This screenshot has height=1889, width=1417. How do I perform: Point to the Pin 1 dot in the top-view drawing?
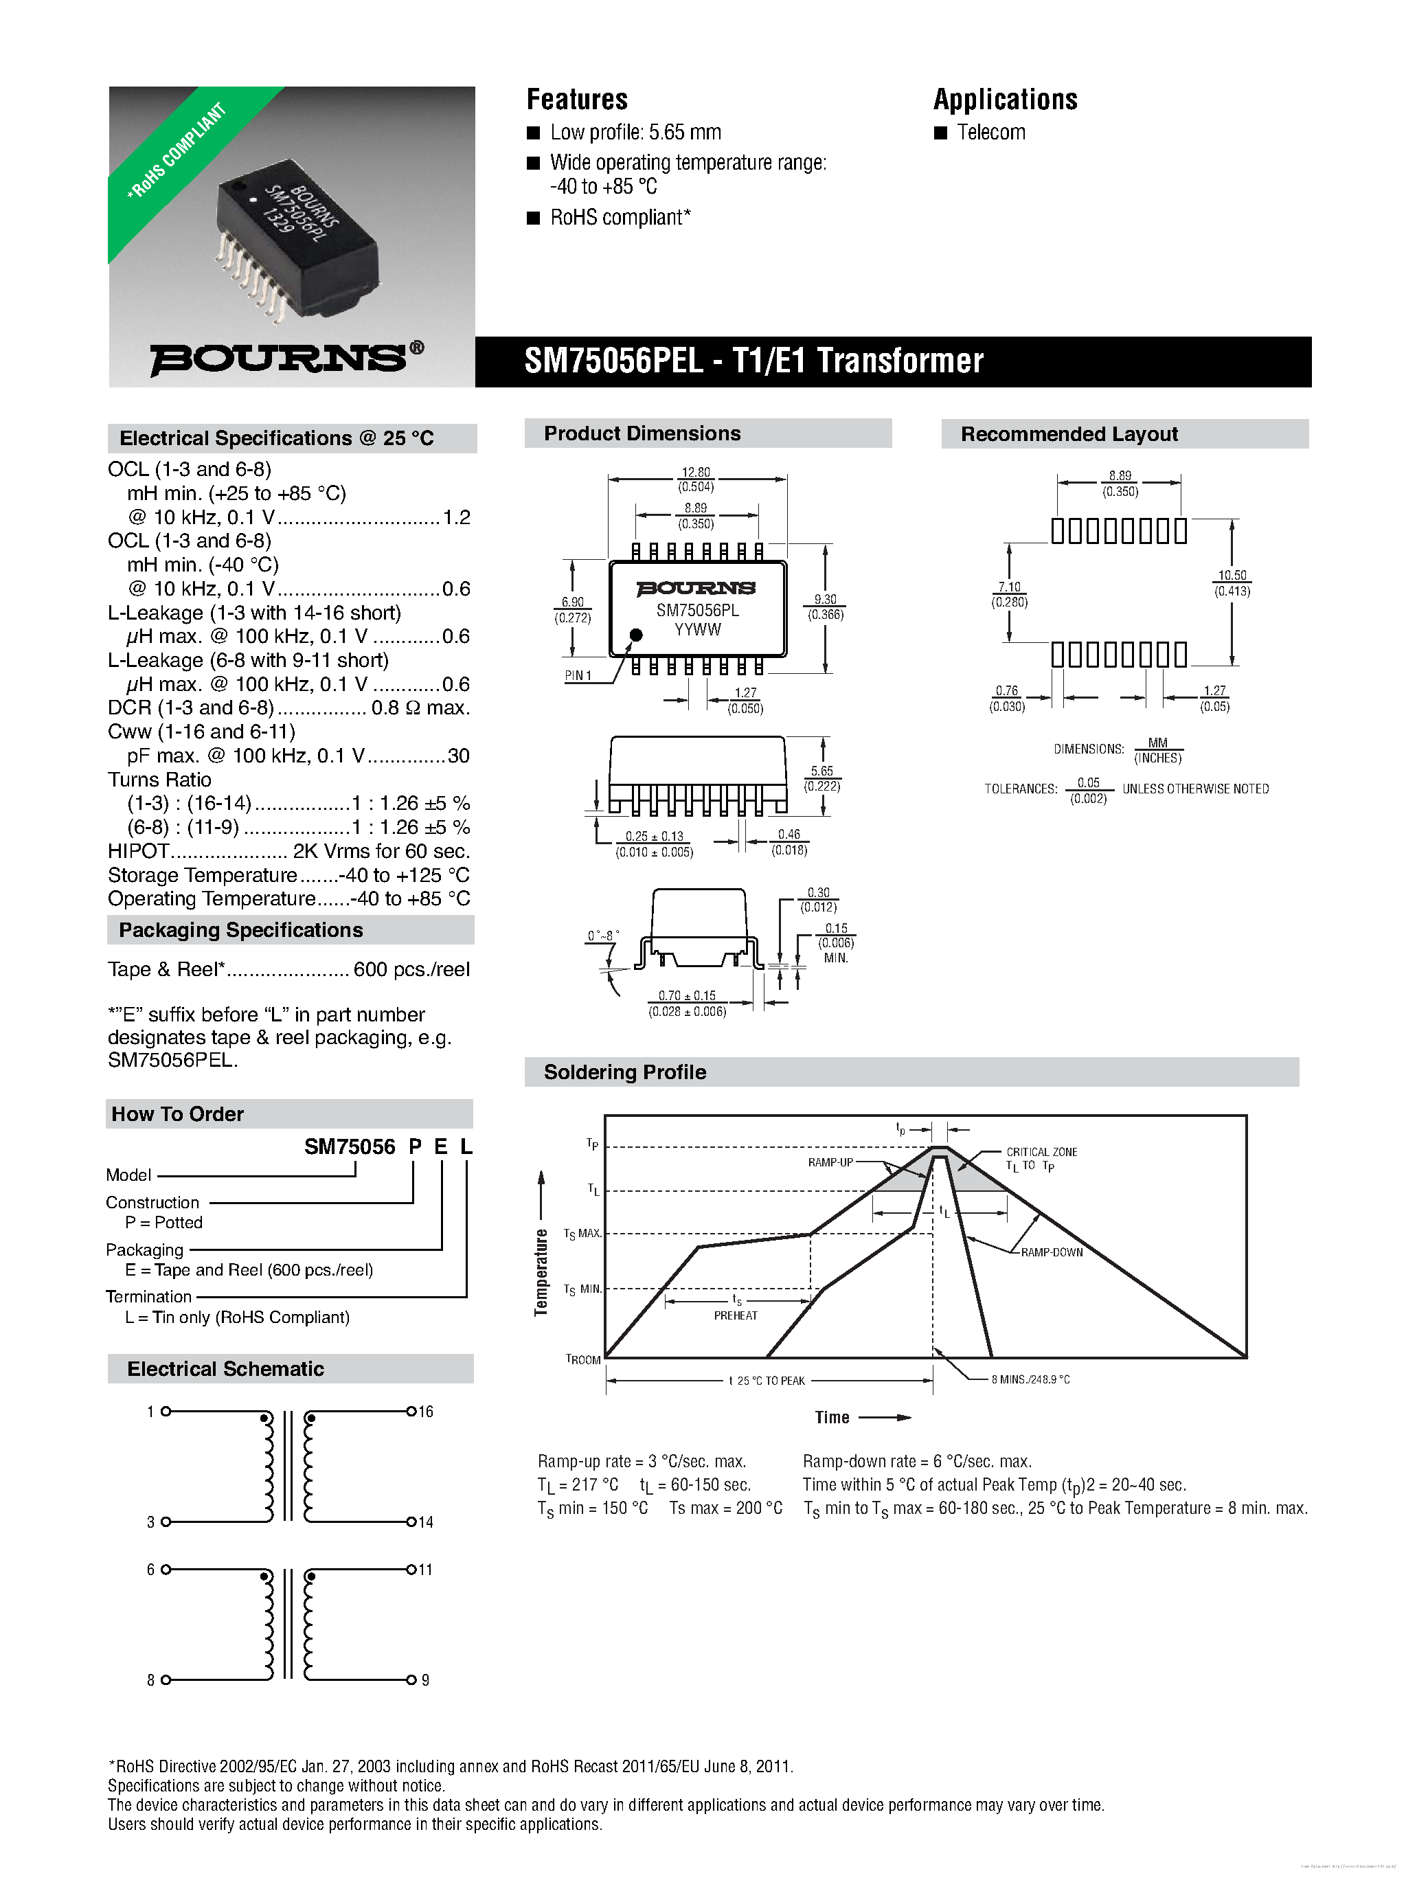point(635,635)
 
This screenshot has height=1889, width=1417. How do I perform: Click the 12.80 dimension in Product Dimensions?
point(695,473)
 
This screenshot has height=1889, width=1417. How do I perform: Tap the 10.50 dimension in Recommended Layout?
point(1232,576)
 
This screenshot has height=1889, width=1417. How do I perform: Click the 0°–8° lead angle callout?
point(602,936)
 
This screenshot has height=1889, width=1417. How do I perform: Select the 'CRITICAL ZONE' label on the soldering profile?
point(1041,1152)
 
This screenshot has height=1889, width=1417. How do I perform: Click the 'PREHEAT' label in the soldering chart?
point(736,1315)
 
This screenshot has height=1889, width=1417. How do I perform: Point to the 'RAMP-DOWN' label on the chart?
point(1052,1252)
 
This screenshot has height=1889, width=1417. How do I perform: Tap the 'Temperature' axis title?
point(541,1271)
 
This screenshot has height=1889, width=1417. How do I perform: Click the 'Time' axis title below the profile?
point(832,1418)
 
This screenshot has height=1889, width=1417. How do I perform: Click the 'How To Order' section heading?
point(178,1114)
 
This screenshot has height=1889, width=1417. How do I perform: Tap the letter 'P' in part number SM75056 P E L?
point(415,1147)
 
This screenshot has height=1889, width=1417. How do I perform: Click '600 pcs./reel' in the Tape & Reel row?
point(411,969)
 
